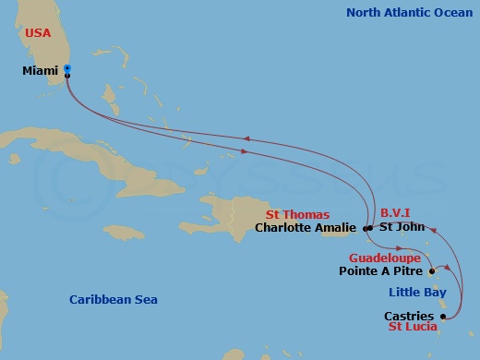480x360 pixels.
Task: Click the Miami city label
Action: point(41,71)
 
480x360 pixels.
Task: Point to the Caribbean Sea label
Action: point(114,299)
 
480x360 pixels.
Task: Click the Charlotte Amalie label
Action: point(307,228)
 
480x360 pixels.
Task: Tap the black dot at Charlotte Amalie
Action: point(367,228)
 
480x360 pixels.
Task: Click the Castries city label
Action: point(409,316)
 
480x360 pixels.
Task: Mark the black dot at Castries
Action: point(443,317)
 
